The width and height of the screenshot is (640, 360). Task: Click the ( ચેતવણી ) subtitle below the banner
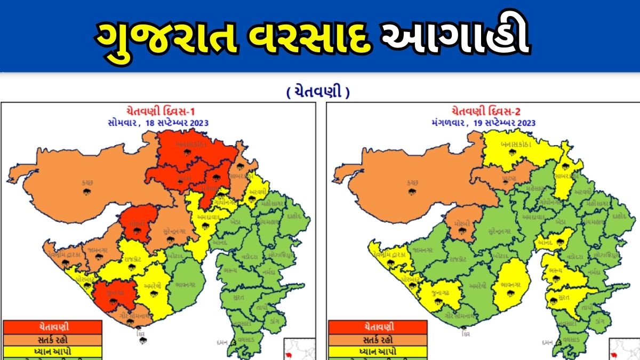point(318,92)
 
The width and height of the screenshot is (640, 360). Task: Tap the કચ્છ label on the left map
point(86,182)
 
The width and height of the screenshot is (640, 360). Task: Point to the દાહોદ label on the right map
point(619,217)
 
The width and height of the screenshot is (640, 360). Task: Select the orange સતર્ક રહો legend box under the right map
point(378,339)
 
